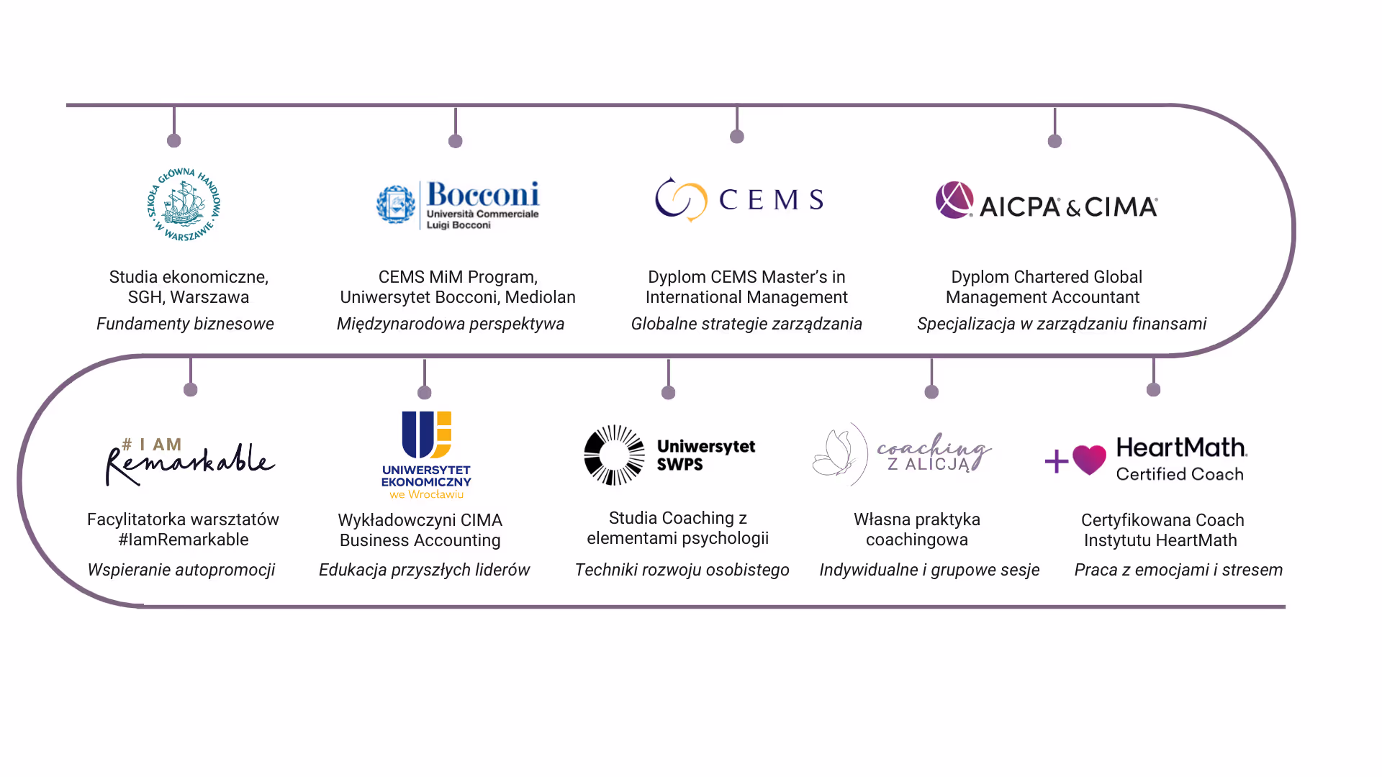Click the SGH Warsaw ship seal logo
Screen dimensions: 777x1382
pyautogui.click(x=184, y=204)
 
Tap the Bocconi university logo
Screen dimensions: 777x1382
pyautogui.click(x=459, y=205)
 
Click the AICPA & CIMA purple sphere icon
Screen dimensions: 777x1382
pyautogui.click(x=954, y=200)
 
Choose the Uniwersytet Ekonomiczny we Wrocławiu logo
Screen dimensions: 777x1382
pyautogui.click(x=426, y=455)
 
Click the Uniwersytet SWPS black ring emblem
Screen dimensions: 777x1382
pyautogui.click(x=614, y=455)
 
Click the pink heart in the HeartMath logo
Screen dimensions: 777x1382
pyautogui.click(x=1089, y=459)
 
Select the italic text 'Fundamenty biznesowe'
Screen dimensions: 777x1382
pyautogui.click(x=185, y=324)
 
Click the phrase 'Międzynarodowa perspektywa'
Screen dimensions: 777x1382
pyautogui.click(x=451, y=324)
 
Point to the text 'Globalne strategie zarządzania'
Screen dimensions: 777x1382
pyautogui.click(x=746, y=324)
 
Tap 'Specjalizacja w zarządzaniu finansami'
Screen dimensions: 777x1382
pyautogui.click(x=1062, y=324)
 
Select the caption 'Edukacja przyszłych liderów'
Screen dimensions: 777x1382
pyautogui.click(x=424, y=570)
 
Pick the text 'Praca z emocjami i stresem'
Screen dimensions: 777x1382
pyautogui.click(x=1178, y=570)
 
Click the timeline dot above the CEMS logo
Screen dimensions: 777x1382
pyautogui.click(x=737, y=137)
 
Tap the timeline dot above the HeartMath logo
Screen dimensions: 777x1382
pyautogui.click(x=1154, y=390)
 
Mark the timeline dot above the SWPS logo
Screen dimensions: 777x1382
pyautogui.click(x=669, y=393)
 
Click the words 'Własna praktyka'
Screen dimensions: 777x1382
pyautogui.click(x=917, y=519)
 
